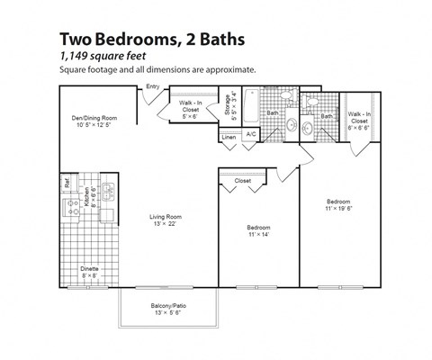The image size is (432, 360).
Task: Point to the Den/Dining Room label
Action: click(94, 118)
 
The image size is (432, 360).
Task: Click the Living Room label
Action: click(166, 216)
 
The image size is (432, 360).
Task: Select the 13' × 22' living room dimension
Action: click(166, 224)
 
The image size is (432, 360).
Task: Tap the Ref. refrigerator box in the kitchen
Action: click(67, 182)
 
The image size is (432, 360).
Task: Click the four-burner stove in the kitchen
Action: click(87, 192)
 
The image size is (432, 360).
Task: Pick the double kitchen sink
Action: click(107, 191)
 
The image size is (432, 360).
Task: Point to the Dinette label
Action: click(88, 267)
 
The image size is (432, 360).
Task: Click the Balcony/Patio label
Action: click(167, 305)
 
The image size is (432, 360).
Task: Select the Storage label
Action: click(229, 106)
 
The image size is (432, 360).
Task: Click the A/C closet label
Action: click(251, 134)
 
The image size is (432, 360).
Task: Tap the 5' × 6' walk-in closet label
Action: click(191, 112)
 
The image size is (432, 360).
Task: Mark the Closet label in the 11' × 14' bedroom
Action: click(242, 181)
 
